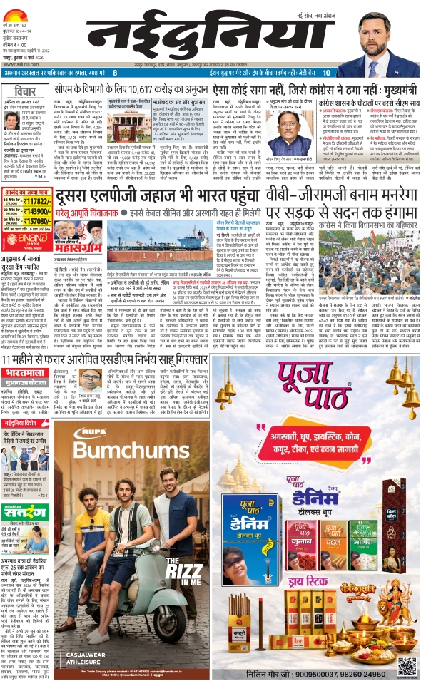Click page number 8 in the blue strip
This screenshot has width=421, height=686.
[114, 73]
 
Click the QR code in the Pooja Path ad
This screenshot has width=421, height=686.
[407, 666]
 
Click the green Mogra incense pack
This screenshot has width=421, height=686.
[363, 546]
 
